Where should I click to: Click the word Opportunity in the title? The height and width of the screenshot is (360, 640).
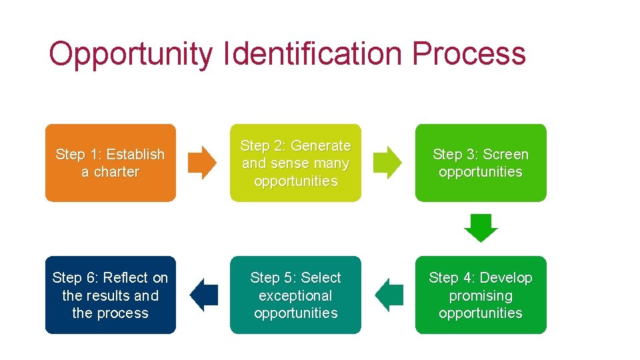pos(131,54)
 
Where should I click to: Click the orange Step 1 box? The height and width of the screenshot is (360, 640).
pos(111,163)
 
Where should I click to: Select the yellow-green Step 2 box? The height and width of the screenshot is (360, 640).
pos(295,163)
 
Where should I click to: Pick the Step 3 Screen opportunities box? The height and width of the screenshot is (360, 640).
pos(481,163)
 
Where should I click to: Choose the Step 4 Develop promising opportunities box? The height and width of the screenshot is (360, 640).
pos(481,295)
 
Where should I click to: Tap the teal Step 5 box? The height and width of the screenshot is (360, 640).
pos(295,295)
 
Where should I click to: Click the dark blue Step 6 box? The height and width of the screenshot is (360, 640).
pos(111,295)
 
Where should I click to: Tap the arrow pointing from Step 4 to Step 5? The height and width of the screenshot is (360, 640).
pos(389,295)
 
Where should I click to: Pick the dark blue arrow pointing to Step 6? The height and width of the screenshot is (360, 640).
pos(204,295)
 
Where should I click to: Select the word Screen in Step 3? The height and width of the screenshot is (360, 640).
pos(505,154)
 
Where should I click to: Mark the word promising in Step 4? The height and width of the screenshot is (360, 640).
pos(481,295)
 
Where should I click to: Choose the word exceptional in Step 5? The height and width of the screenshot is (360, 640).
pos(295,295)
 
